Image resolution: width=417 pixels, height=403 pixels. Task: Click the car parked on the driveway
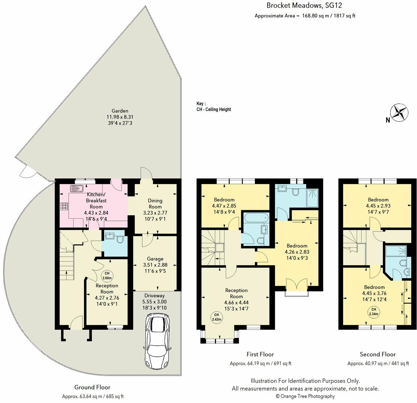[x=157, y=342]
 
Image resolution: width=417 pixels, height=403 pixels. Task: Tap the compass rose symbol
[x=399, y=112]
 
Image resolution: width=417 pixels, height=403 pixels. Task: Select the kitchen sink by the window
[x=77, y=189]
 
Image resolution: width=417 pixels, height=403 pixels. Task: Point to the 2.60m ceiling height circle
[x=107, y=276]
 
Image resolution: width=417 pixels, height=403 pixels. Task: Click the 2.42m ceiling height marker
[x=216, y=317]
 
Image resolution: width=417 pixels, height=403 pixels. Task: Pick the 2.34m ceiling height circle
[x=374, y=312]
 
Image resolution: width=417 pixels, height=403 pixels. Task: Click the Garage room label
[x=155, y=259]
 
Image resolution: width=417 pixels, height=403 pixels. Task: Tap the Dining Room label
[x=155, y=204]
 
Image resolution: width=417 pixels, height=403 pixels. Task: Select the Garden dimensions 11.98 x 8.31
[x=120, y=117]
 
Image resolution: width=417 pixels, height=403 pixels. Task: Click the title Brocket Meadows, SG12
[x=304, y=5]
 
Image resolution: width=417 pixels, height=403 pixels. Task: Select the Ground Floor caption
[x=92, y=387]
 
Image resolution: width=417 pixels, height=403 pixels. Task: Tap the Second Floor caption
[x=378, y=354]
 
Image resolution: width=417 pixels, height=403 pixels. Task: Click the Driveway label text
[x=154, y=295]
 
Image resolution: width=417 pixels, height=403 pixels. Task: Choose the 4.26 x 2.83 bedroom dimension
[x=297, y=252]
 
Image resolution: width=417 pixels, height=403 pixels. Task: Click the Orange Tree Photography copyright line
[x=305, y=396]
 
